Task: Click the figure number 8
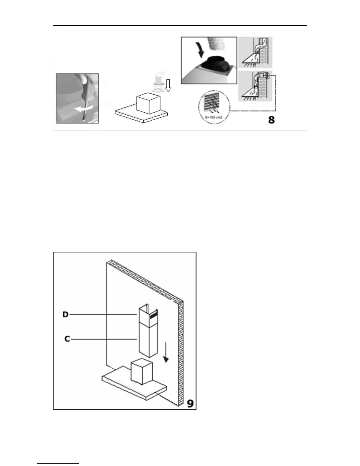271,120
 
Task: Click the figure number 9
190,403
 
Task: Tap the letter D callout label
65,314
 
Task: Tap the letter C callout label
67,339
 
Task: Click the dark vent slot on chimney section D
153,317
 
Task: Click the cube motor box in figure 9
142,372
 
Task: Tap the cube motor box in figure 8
148,104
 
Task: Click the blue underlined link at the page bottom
58,464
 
